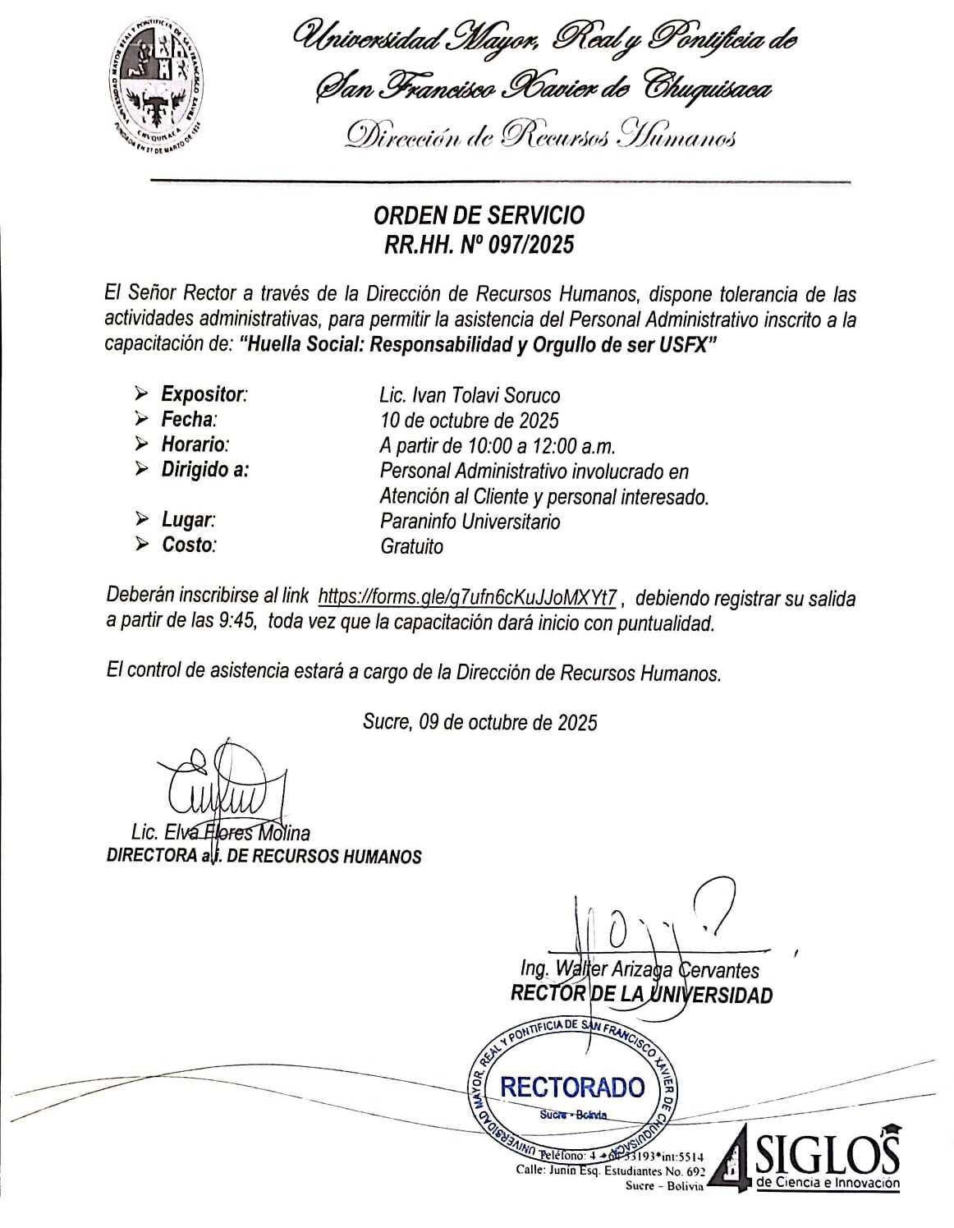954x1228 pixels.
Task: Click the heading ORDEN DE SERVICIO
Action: point(479,215)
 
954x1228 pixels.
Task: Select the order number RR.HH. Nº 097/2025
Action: point(479,244)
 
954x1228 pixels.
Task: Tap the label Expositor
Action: point(204,394)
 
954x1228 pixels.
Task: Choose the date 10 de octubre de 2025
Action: point(469,421)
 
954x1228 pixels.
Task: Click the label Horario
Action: point(195,445)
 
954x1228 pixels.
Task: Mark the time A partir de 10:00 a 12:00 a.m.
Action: point(498,446)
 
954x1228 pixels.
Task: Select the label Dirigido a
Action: point(204,471)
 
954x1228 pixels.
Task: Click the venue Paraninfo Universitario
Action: point(470,522)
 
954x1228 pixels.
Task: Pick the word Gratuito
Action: point(411,546)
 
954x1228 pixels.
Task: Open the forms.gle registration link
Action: point(467,596)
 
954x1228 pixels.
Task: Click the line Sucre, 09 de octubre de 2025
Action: point(479,722)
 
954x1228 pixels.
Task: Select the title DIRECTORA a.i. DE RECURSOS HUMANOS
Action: point(264,856)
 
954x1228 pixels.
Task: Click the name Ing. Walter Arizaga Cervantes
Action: point(640,969)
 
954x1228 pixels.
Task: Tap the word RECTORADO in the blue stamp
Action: point(572,1087)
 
